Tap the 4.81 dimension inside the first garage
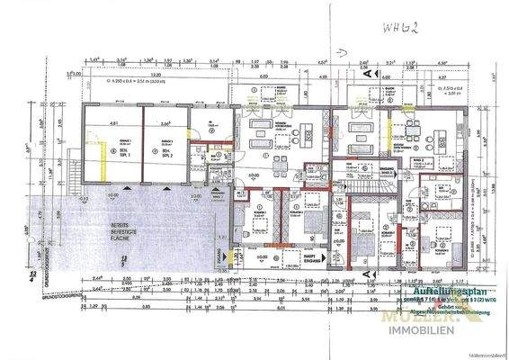(113, 125)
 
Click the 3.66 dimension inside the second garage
(165, 125)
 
